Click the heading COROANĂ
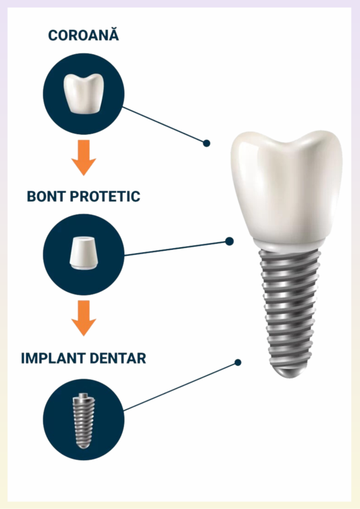(84, 35)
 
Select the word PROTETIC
(105, 196)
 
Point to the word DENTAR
(117, 358)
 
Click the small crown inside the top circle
(84, 93)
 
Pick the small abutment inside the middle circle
(84, 253)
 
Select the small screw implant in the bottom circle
(84, 421)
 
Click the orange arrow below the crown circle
(84, 158)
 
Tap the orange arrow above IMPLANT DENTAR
(84, 318)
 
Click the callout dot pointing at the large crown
(206, 143)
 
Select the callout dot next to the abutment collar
(230, 241)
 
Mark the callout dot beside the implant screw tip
(238, 362)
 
